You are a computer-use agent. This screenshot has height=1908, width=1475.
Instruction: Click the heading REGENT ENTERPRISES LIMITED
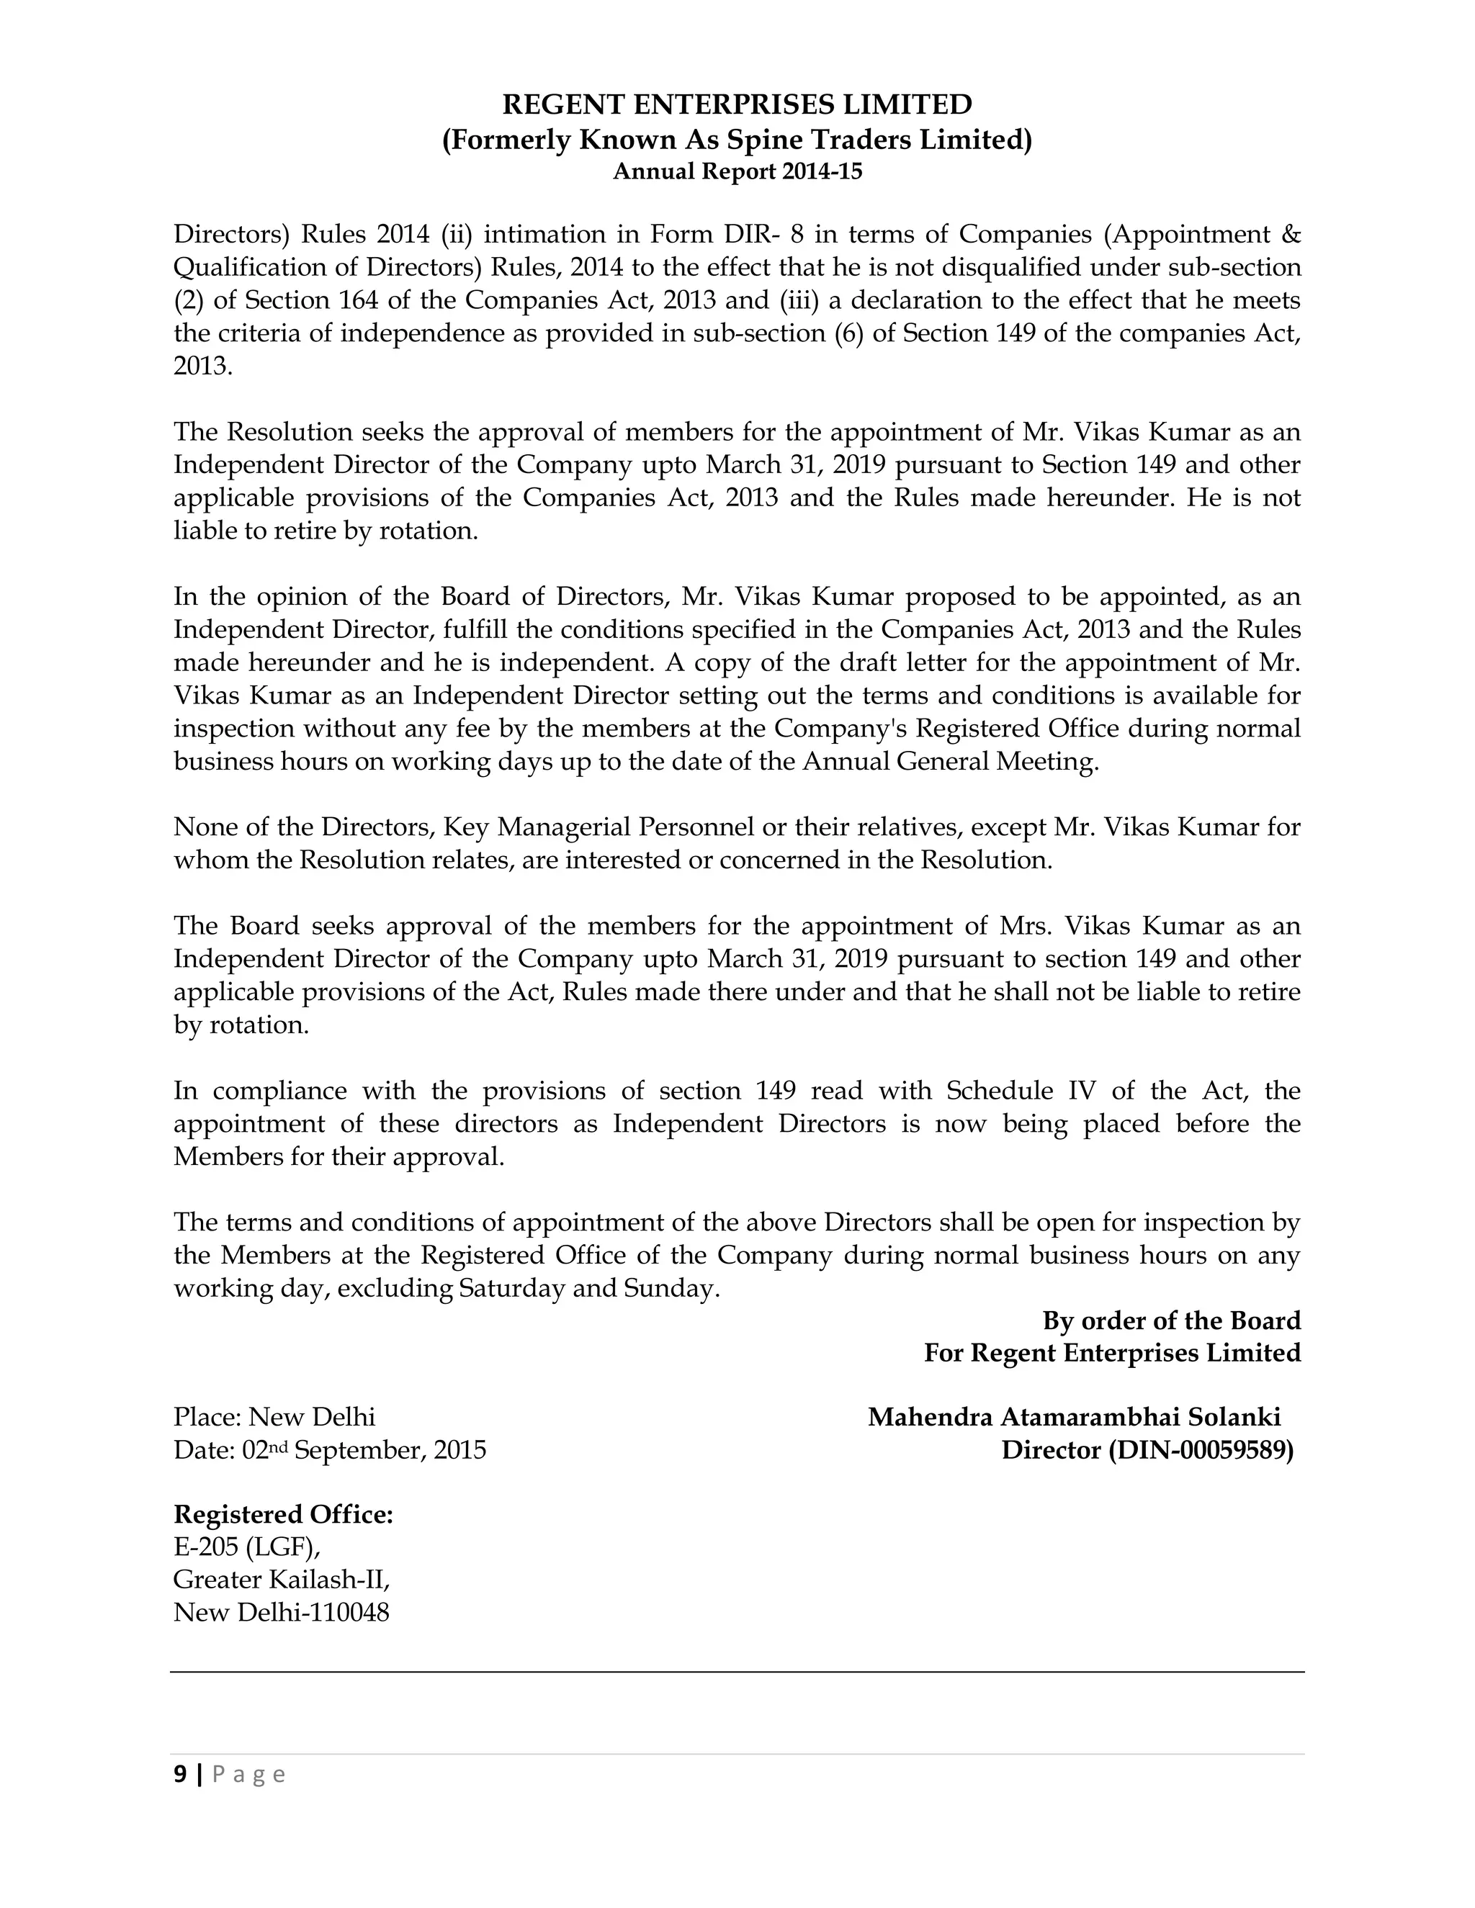[x=737, y=105]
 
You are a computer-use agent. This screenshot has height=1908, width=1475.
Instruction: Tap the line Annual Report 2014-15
[x=737, y=172]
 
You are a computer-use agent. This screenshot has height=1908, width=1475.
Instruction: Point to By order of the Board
[x=1171, y=1321]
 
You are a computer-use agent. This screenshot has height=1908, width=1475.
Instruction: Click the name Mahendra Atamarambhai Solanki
[x=1074, y=1417]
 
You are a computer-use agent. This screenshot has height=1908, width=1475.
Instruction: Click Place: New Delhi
[x=274, y=1417]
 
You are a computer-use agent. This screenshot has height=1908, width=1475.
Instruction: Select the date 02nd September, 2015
[x=364, y=1450]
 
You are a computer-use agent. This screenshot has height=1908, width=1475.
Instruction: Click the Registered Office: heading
[x=283, y=1515]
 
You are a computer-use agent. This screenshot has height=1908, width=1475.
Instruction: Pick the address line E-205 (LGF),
[x=246, y=1547]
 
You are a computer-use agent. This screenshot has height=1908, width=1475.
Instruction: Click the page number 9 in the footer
[x=180, y=1774]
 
